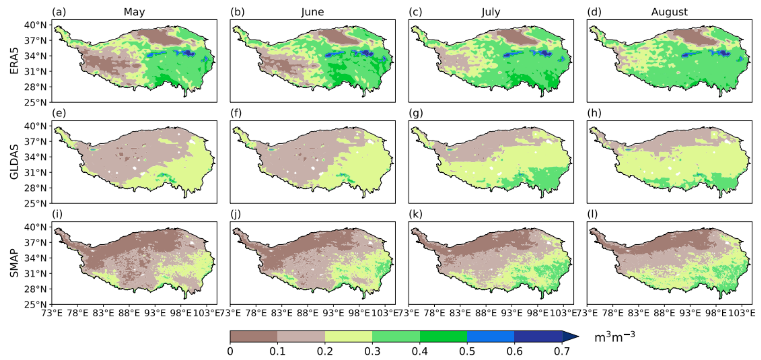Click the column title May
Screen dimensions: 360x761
[134, 12]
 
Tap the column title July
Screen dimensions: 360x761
[491, 12]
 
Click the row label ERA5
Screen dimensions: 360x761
[14, 61]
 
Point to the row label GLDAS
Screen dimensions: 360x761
[14, 162]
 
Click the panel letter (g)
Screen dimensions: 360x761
[416, 113]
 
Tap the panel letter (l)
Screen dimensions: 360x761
[592, 214]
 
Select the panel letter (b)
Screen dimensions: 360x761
[237, 12]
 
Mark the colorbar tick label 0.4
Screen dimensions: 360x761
[419, 351]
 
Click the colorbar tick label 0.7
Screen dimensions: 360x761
[562, 351]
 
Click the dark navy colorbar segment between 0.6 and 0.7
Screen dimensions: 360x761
[538, 336]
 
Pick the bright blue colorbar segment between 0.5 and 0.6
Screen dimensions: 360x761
[490, 336]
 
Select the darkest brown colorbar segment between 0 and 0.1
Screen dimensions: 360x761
[253, 336]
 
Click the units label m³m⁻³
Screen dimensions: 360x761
[614, 337]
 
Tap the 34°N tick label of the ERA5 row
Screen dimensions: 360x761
[35, 56]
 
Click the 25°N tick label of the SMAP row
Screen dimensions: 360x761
[35, 304]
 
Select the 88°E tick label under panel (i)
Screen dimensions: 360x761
[129, 313]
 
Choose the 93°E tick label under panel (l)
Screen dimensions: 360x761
[690, 313]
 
